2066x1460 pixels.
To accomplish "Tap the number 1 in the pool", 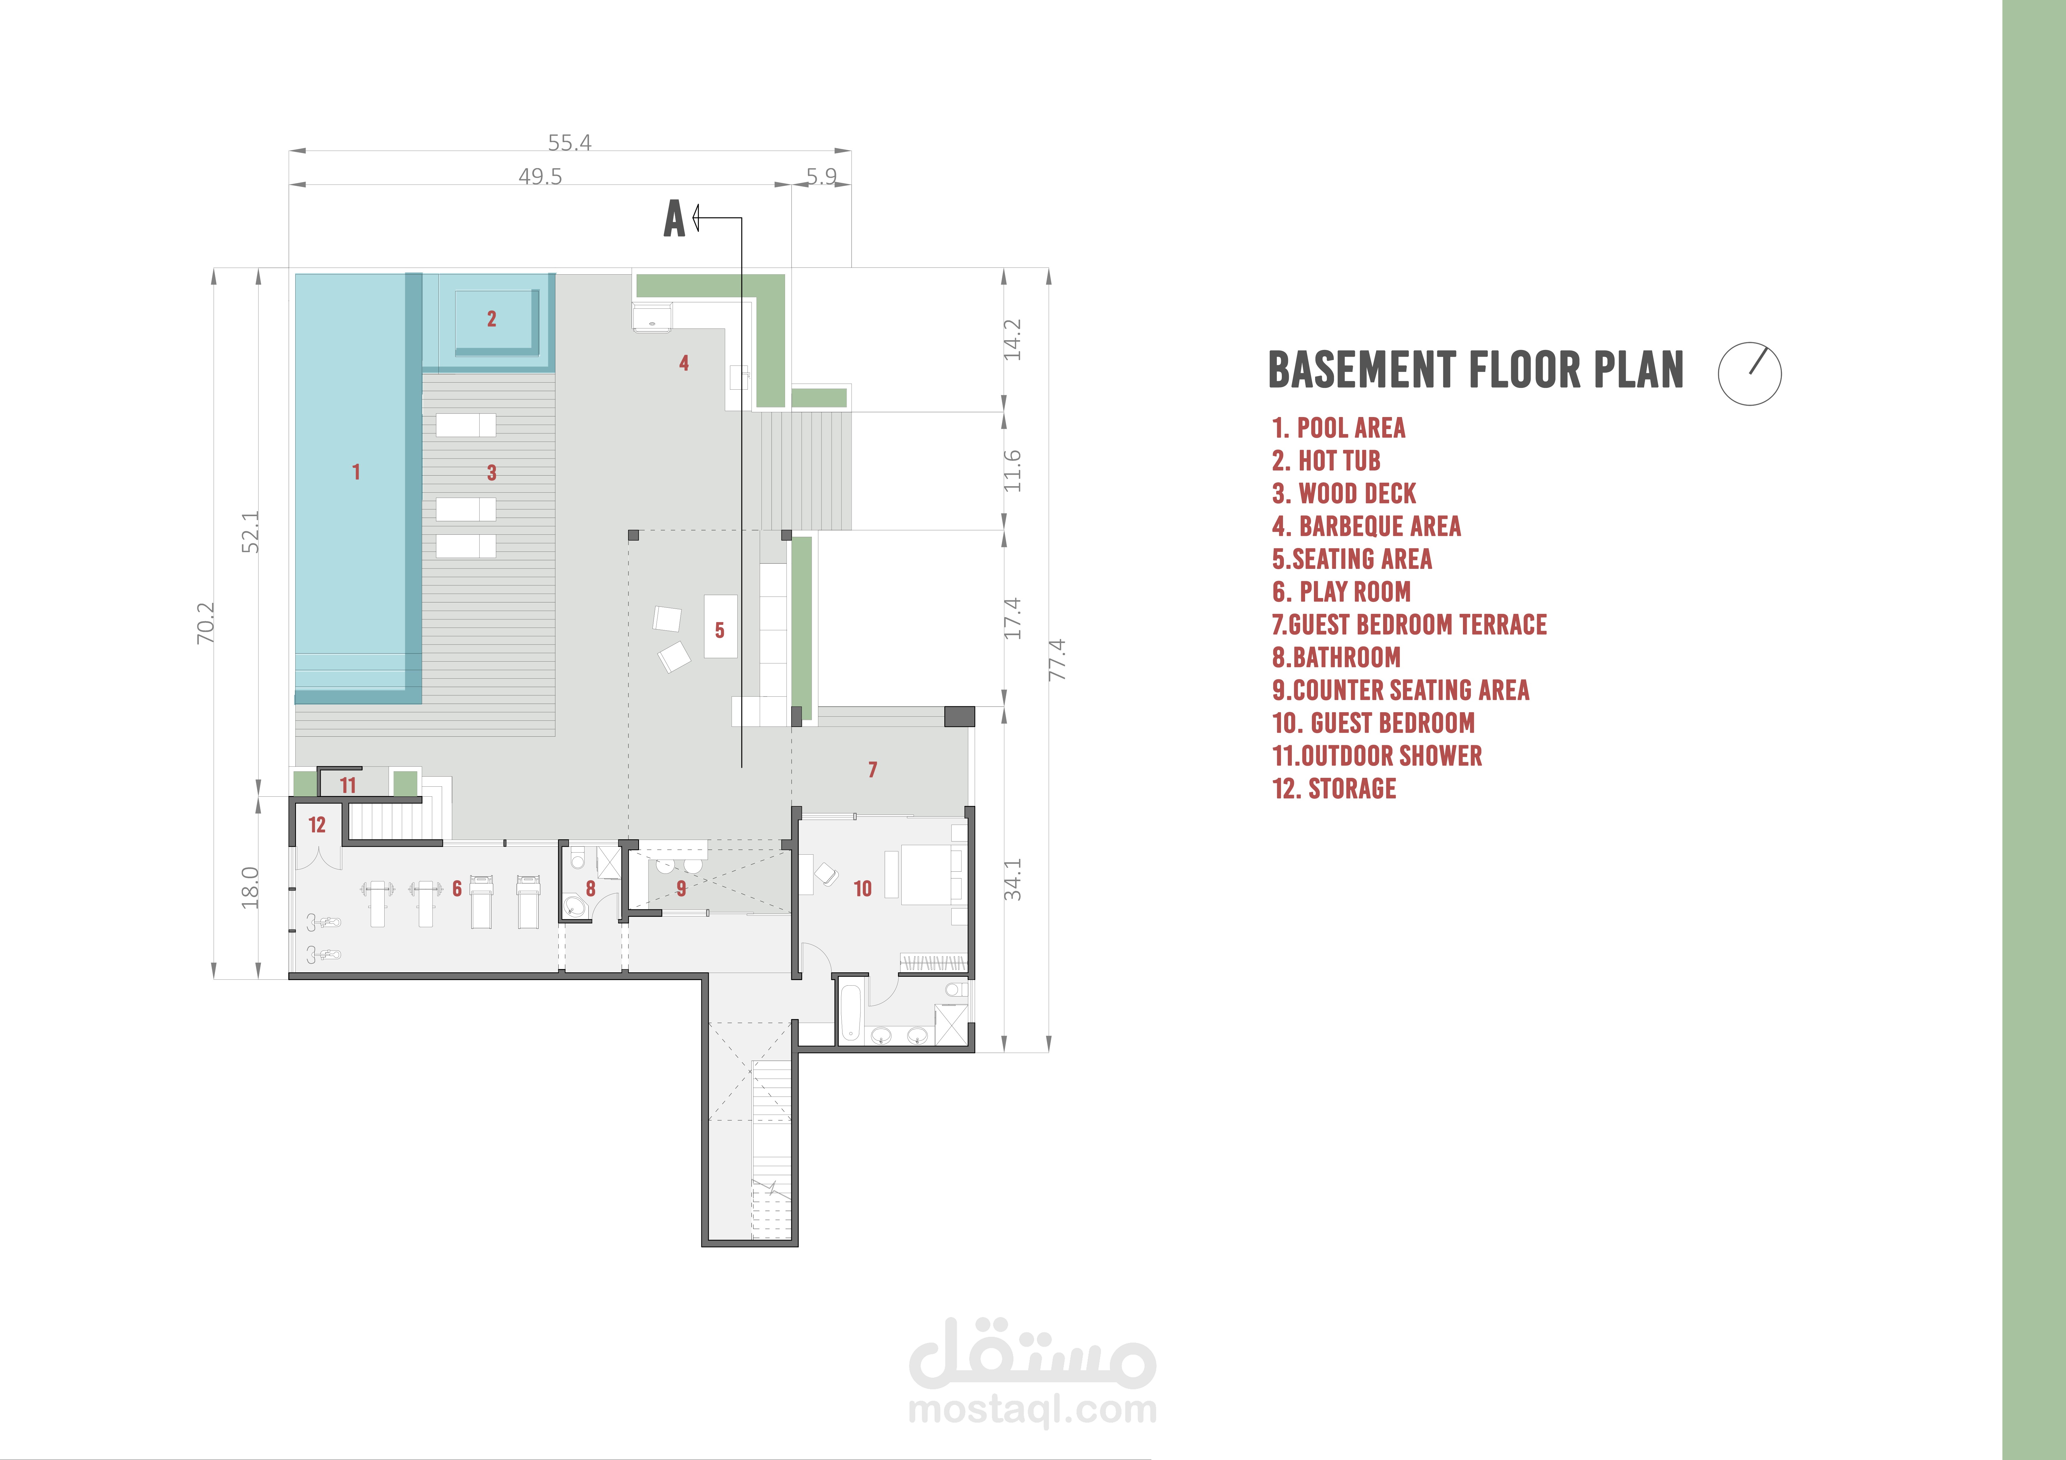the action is point(356,471).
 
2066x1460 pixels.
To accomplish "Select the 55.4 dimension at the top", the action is point(570,142).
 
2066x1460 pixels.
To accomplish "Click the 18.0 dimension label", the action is point(250,887).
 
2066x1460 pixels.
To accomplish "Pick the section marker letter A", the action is point(674,219).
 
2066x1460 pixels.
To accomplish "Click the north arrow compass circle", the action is point(1749,373).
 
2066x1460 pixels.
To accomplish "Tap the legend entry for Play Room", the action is point(1342,592).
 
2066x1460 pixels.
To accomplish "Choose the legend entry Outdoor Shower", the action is point(1377,756).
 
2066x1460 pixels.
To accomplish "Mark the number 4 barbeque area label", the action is point(684,363).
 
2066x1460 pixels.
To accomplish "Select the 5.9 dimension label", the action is point(822,176).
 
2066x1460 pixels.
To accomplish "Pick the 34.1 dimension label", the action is point(1013,880).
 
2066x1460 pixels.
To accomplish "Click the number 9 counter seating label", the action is point(681,889).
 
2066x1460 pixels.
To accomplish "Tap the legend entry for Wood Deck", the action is point(1344,494).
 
